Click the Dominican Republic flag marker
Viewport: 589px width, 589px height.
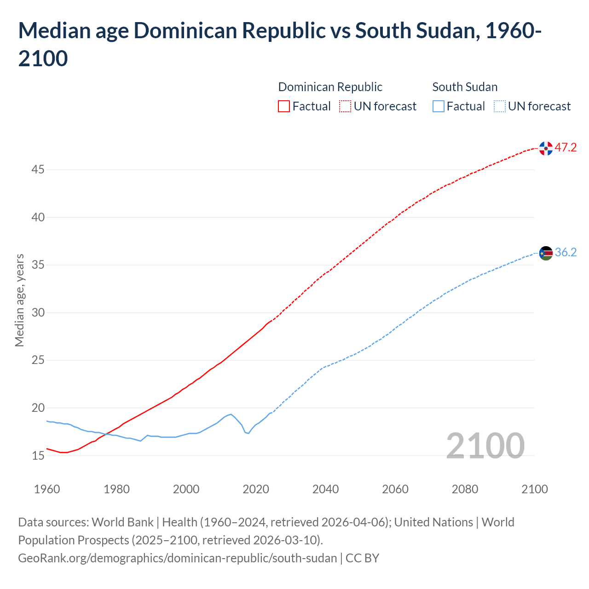[546, 148]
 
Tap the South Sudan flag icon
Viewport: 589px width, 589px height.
[546, 253]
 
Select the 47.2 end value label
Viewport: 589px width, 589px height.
[566, 148]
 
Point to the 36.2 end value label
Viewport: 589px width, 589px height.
[566, 253]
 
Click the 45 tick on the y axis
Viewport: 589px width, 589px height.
[38, 170]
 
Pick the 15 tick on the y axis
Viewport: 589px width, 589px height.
[38, 456]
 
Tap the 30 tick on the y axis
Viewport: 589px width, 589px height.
[38, 312]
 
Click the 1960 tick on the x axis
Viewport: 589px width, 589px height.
[47, 489]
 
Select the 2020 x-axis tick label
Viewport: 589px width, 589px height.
[256, 489]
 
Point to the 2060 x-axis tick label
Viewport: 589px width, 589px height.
[395, 489]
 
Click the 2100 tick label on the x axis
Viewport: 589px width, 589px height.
[535, 489]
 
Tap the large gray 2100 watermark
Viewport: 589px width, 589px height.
[485, 445]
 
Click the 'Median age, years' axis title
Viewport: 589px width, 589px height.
[19, 300]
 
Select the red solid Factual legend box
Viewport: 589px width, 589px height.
[284, 106]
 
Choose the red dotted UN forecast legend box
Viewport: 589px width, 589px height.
[345, 106]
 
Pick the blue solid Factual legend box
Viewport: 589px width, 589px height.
[438, 106]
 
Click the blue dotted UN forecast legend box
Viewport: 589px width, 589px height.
[499, 106]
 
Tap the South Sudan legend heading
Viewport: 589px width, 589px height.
[465, 87]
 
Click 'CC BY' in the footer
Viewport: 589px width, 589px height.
[362, 558]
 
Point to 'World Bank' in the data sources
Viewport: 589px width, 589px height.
[122, 522]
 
